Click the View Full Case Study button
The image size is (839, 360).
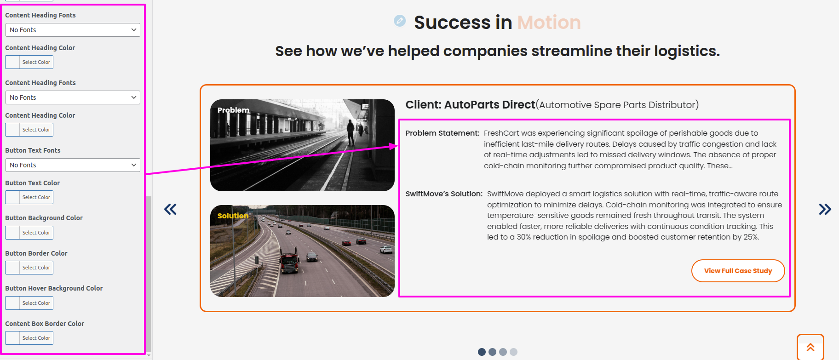(738, 271)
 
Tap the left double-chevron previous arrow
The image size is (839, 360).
(170, 209)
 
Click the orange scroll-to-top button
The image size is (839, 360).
(810, 347)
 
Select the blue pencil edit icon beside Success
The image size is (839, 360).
(400, 21)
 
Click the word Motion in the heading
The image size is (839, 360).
(549, 23)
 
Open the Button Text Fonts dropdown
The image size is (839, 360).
(73, 165)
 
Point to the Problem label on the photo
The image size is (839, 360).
(233, 110)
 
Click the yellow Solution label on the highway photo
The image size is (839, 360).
(233, 216)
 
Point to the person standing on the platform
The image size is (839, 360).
(351, 132)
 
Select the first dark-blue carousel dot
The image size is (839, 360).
(482, 352)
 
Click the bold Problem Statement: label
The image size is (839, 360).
(442, 133)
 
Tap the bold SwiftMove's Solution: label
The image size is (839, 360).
(444, 194)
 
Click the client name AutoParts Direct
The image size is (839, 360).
(489, 105)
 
